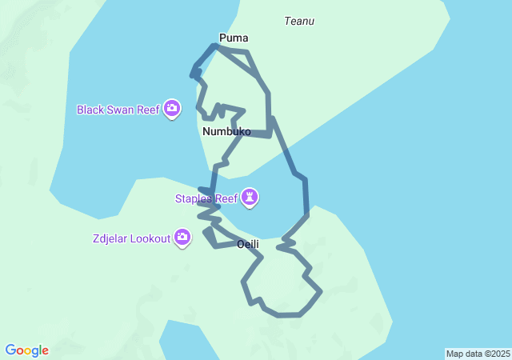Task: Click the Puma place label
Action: [234, 38]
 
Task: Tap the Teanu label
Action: [299, 22]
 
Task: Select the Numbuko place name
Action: [226, 131]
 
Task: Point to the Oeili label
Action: [248, 244]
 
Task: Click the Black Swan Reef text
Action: [118, 109]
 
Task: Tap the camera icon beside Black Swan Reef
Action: [172, 109]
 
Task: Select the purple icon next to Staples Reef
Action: [251, 197]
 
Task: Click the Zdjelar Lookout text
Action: [131, 238]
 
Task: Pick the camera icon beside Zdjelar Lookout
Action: [183, 238]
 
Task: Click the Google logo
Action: [27, 350]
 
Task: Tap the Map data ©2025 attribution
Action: [478, 354]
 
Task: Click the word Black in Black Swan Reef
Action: [90, 109]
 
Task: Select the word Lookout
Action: [151, 238]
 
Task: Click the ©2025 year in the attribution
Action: [495, 354]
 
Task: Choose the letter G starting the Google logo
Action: [10, 350]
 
